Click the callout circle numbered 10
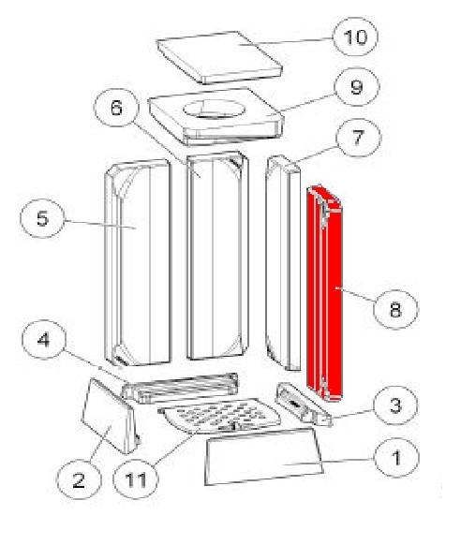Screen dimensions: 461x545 tap(355, 37)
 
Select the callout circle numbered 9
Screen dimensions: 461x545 tap(357, 86)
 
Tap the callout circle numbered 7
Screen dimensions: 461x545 tap(359, 138)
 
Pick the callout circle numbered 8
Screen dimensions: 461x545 tap(395, 309)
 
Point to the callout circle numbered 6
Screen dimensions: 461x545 tap(116, 108)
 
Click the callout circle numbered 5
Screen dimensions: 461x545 tap(42, 218)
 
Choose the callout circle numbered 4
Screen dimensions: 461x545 tap(44, 339)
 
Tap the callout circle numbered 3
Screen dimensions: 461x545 tap(395, 405)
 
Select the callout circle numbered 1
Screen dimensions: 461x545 tap(396, 458)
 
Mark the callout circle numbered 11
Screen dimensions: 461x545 tap(136, 479)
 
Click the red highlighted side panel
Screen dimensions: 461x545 tap(325, 294)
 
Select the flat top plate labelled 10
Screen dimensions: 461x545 tap(219, 57)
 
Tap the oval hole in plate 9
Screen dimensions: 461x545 tap(214, 110)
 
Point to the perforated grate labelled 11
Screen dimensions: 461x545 tap(219, 416)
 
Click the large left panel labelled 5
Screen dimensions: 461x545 tap(138, 262)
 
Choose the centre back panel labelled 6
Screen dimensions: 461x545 tap(218, 256)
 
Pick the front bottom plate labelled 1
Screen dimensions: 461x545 tap(263, 456)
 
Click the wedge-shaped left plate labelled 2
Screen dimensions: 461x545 tap(111, 416)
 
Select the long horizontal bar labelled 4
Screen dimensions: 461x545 tap(180, 388)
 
